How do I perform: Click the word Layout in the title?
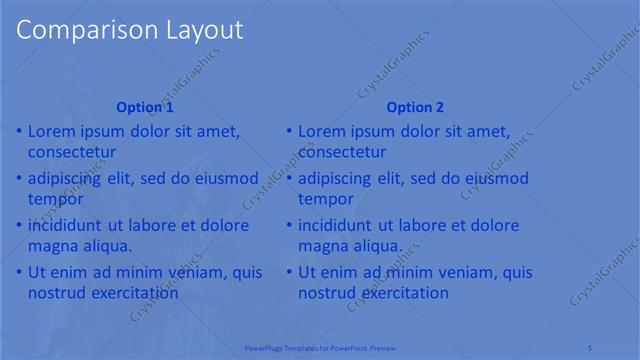pyautogui.click(x=198, y=30)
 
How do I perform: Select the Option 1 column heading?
pyautogui.click(x=145, y=107)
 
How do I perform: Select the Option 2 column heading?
pyautogui.click(x=415, y=107)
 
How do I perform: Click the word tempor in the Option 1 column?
pyautogui.click(x=55, y=199)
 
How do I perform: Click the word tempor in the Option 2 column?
pyautogui.click(x=325, y=199)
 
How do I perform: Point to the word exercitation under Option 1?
pyautogui.click(x=131, y=293)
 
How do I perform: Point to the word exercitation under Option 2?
pyautogui.click(x=401, y=293)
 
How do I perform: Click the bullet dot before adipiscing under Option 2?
pyautogui.click(x=289, y=179)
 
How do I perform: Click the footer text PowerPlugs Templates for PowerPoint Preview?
pyautogui.click(x=320, y=346)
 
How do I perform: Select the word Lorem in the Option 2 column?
pyautogui.click(x=323, y=131)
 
